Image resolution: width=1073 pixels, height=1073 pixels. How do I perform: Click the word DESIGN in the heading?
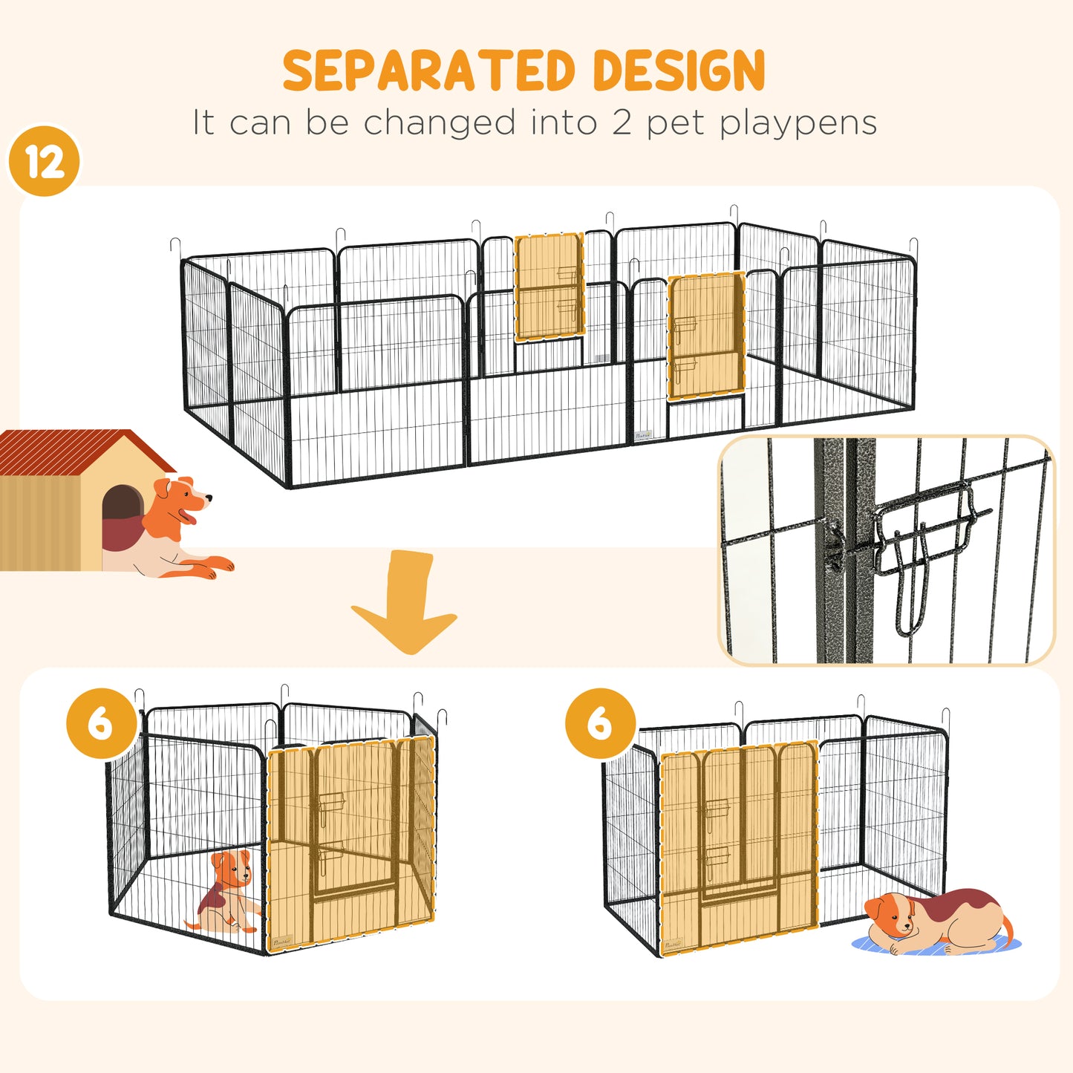(679, 71)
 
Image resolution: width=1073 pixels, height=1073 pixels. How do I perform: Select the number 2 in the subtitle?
(622, 123)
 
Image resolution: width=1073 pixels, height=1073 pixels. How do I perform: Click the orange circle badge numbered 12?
(45, 162)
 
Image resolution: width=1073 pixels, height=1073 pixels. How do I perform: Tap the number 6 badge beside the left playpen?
(101, 723)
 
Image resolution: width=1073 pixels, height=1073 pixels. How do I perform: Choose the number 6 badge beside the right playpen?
(600, 723)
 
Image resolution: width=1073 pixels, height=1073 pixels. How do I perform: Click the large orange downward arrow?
(405, 601)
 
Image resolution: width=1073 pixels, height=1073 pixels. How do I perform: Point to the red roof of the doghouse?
(74, 450)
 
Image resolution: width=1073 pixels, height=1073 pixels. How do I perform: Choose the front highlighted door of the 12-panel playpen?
(705, 336)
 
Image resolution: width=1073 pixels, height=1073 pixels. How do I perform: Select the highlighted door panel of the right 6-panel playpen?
(739, 847)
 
